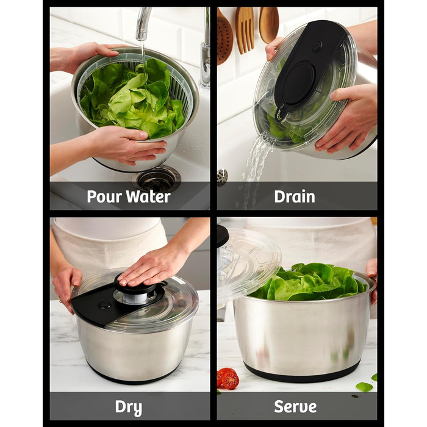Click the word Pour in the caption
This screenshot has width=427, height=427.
[x=104, y=196]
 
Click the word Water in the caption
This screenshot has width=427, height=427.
[x=148, y=196]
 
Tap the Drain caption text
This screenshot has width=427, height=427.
[x=295, y=196]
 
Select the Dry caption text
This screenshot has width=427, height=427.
[x=129, y=407]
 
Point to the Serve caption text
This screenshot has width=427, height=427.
[x=295, y=407]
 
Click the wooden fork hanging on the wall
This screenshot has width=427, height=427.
[x=244, y=30]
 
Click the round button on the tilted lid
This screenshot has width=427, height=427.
[x=317, y=46]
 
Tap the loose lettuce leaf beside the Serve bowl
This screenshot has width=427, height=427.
[x=364, y=387]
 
